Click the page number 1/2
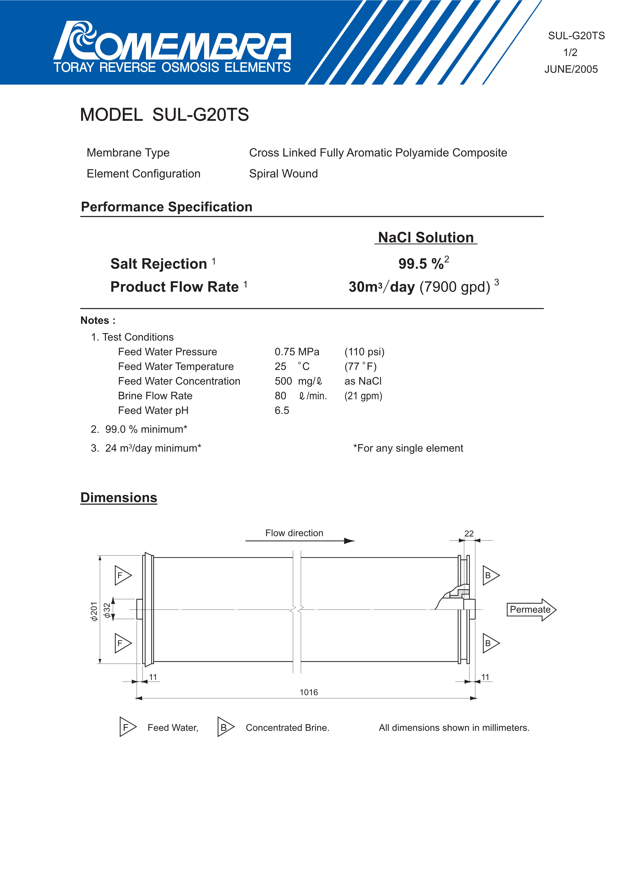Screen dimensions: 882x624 pyautogui.click(x=570, y=52)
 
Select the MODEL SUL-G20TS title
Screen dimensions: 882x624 pyautogui.click(x=164, y=115)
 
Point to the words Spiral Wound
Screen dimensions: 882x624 pyautogui.click(x=283, y=174)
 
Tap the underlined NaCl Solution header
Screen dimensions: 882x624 pyautogui.click(x=426, y=237)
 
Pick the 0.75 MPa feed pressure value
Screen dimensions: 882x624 pyautogui.click(x=297, y=352)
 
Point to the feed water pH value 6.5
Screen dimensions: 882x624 pyautogui.click(x=282, y=411)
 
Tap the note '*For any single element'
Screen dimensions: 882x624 pyautogui.click(x=408, y=448)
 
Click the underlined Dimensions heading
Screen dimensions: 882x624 pyautogui.click(x=119, y=498)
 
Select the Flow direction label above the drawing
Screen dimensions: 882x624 pyautogui.click(x=294, y=533)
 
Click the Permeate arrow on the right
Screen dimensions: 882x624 pyautogui.click(x=531, y=610)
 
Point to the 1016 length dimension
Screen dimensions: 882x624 pyautogui.click(x=309, y=692)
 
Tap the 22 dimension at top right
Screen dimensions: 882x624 pyautogui.click(x=469, y=534)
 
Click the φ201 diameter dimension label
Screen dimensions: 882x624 pyautogui.click(x=93, y=611)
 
